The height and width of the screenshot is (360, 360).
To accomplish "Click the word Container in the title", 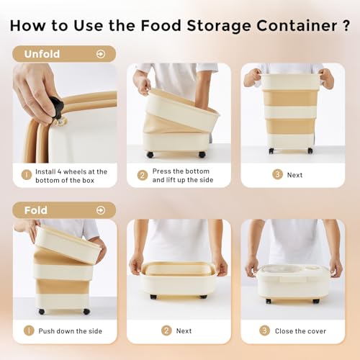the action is [297, 25].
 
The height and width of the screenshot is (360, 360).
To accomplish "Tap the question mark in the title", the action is [346, 25].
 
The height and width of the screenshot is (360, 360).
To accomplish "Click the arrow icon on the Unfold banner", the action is [101, 54].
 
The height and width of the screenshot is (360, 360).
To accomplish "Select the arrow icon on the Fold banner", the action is [101, 210].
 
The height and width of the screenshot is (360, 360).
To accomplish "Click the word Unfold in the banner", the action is [42, 54].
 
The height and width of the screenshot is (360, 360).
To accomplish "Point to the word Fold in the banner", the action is [36, 210].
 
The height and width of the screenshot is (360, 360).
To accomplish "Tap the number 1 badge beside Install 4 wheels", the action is [27, 175].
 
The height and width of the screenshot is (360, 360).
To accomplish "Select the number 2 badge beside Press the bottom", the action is [143, 175].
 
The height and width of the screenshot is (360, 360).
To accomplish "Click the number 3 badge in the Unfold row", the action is [277, 174].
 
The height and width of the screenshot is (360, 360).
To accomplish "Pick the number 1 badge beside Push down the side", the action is [29, 330].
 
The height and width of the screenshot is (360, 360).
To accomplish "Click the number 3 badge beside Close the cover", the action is [264, 330].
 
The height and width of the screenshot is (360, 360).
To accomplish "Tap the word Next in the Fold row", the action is [184, 331].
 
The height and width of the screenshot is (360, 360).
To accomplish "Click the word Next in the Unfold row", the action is [294, 175].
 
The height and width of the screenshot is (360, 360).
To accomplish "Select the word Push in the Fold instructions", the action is [46, 331].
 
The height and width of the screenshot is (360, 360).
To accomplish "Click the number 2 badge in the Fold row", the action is [166, 330].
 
